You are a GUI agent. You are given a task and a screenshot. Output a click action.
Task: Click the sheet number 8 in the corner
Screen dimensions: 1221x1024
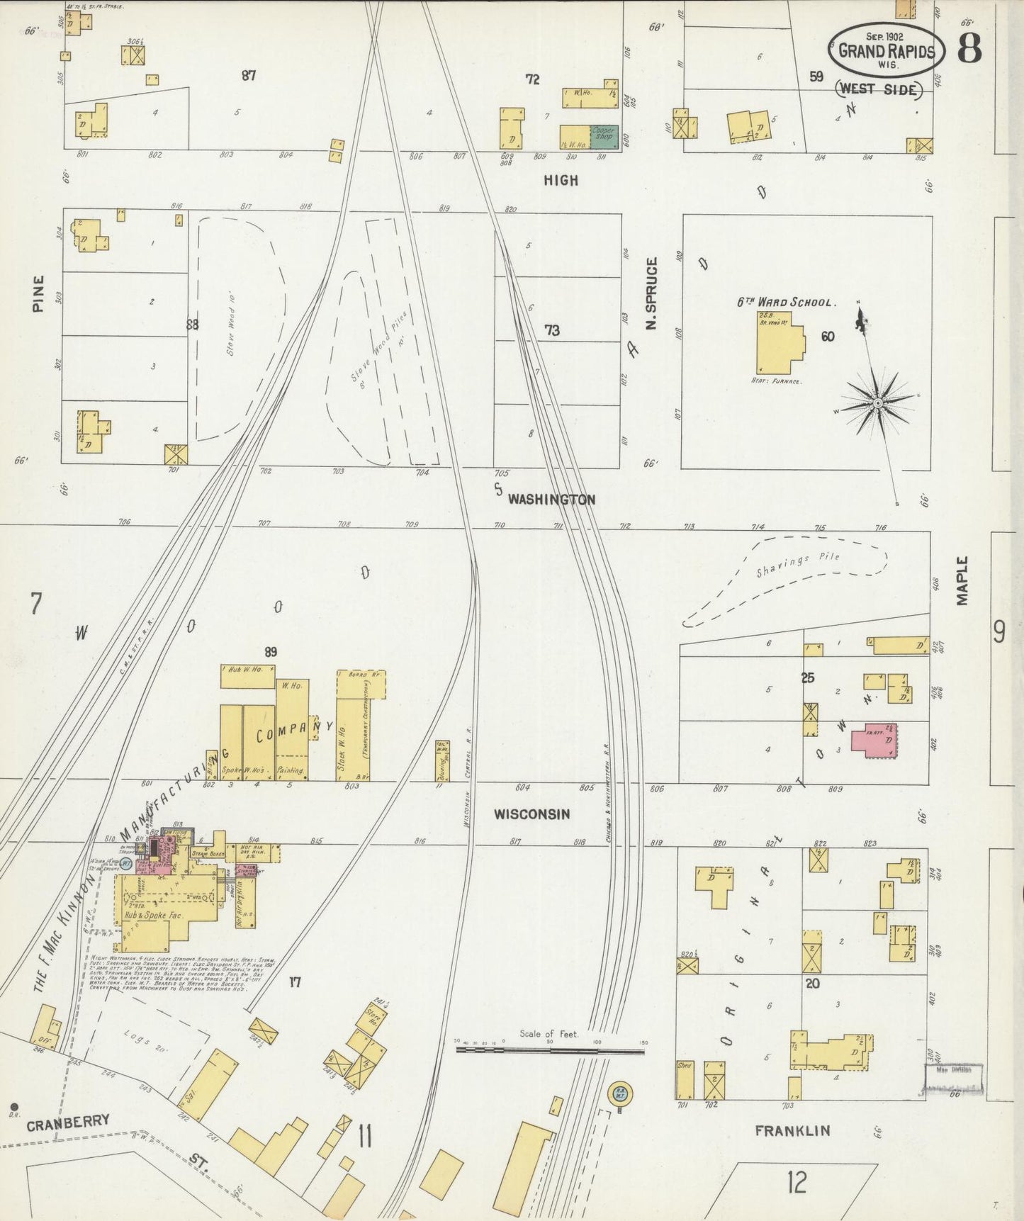(x=969, y=49)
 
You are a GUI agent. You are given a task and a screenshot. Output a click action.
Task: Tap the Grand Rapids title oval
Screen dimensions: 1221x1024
(x=887, y=50)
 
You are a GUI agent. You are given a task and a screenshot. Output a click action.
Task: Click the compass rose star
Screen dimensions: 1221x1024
(x=878, y=403)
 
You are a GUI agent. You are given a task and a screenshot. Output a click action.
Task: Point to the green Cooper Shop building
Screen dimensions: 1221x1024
(x=604, y=137)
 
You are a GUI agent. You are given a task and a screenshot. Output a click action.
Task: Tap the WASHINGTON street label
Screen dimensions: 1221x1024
(x=551, y=500)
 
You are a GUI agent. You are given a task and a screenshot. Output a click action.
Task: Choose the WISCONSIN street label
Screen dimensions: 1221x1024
(x=531, y=814)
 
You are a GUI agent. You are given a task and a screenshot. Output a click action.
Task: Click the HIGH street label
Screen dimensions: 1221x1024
(x=561, y=181)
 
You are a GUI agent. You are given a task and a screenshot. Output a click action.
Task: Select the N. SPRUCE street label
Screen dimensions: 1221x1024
(x=652, y=293)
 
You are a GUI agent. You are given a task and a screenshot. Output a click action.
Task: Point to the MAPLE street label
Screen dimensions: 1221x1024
(x=962, y=580)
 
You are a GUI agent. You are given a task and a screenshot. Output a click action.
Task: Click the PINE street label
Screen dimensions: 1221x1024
(x=38, y=293)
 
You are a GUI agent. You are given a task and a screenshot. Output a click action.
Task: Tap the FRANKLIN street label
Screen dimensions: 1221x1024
(x=792, y=1130)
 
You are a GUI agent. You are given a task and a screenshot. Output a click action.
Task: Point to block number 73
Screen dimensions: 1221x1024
(x=551, y=330)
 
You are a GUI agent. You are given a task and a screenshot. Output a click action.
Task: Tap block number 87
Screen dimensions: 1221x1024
(x=248, y=75)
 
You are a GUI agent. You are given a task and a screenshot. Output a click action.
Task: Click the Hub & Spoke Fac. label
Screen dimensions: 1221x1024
(x=154, y=915)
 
